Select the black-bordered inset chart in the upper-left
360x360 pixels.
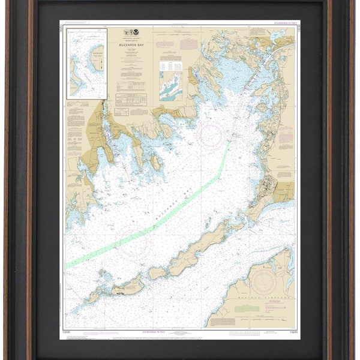coord(87,63)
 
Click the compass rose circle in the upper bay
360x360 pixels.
coord(211,135)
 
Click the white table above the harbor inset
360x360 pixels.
coord(170,65)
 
